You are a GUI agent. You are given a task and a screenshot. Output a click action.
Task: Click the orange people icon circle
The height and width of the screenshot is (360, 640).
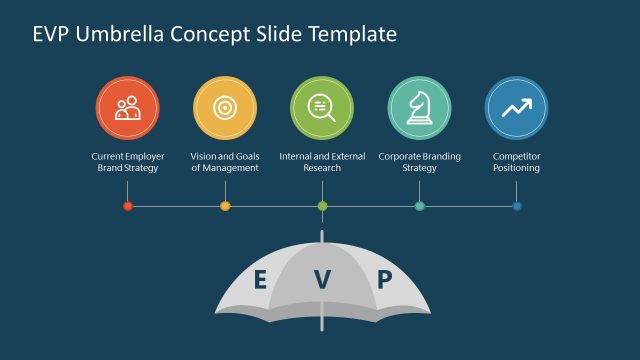tap(127, 108)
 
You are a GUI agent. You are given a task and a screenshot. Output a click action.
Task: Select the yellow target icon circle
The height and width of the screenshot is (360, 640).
tap(224, 108)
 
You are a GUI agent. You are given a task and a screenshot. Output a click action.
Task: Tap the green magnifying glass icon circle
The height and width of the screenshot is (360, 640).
tap(322, 108)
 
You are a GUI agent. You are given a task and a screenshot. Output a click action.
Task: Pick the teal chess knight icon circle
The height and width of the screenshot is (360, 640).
tap(419, 108)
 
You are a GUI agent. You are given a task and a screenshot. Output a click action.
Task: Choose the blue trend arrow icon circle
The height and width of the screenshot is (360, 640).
tap(516, 108)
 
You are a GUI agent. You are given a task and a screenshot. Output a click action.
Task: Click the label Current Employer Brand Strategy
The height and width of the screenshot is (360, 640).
tap(127, 162)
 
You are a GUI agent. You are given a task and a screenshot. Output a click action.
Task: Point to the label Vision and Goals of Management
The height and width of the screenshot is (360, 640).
tap(224, 162)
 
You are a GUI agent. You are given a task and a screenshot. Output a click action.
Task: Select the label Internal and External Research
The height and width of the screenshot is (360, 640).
tap(322, 162)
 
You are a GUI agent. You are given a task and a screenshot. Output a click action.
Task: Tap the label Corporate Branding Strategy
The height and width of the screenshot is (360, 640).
tap(419, 162)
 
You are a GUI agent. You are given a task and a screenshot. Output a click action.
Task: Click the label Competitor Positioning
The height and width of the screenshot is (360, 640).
tap(516, 162)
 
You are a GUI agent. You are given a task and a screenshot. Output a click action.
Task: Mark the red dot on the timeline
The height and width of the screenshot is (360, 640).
tap(127, 206)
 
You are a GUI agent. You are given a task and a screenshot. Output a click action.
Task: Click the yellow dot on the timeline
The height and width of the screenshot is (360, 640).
tap(225, 206)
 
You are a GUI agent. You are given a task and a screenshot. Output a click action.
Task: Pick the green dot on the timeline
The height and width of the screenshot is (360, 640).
tap(322, 206)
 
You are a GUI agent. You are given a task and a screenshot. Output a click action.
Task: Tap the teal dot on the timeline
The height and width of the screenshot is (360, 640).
tap(419, 206)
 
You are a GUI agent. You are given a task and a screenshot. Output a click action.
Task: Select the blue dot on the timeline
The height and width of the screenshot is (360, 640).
tap(517, 206)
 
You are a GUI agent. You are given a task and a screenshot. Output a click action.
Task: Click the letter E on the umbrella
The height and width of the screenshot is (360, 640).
tap(260, 279)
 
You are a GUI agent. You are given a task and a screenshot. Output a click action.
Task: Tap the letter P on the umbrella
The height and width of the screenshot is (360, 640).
tap(384, 279)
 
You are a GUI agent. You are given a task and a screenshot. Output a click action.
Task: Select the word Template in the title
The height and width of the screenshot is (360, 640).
tap(351, 35)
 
